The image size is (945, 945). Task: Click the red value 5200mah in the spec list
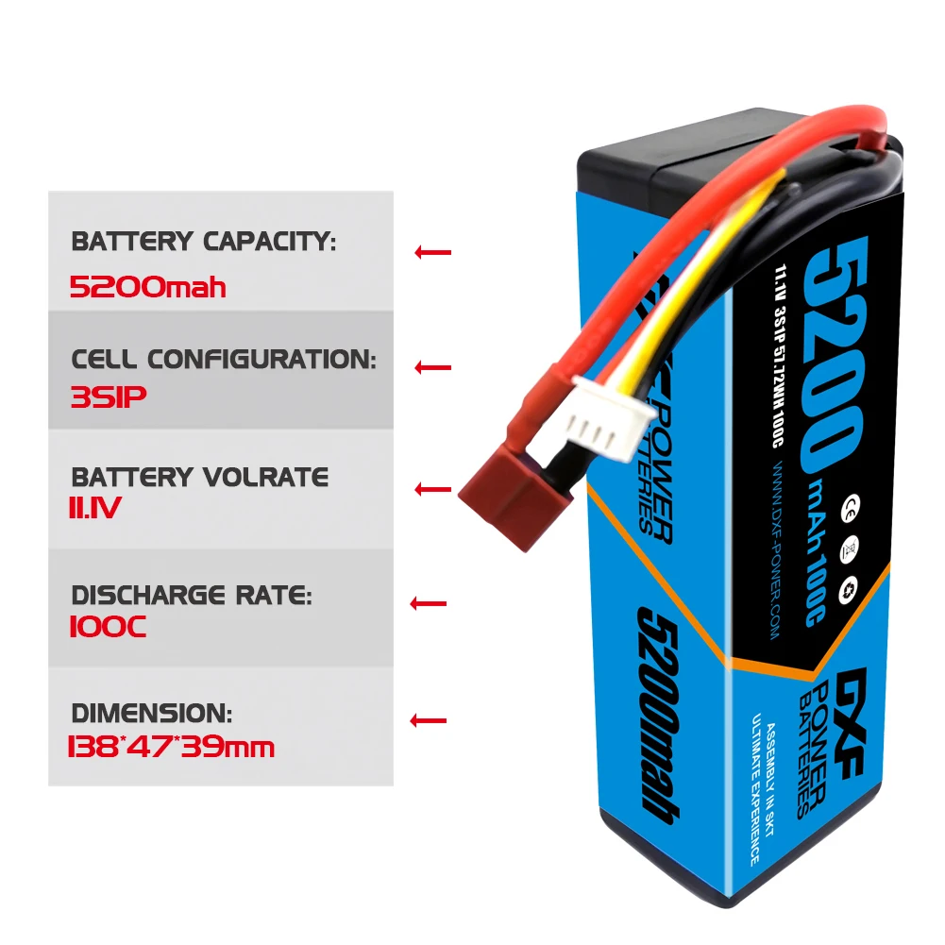(x=148, y=287)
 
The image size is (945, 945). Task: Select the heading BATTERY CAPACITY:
(x=203, y=242)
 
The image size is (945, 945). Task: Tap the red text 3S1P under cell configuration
(x=108, y=397)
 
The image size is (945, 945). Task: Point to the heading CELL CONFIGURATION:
(x=224, y=359)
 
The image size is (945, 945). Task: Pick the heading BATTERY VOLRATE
(x=200, y=477)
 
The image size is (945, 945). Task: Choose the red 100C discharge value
(x=108, y=627)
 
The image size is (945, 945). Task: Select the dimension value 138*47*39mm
(x=171, y=748)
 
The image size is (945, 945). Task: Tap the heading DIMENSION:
(x=151, y=713)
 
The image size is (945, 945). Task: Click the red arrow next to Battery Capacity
(x=432, y=252)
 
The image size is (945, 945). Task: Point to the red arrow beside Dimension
(x=428, y=721)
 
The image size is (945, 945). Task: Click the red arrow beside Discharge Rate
(x=430, y=603)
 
